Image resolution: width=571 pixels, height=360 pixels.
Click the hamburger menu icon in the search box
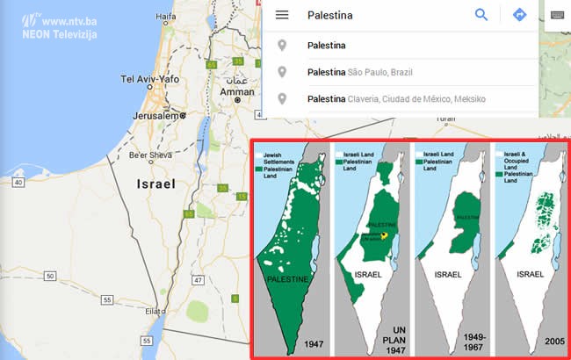click(282, 15)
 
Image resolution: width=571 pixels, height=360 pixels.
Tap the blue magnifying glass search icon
click(481, 15)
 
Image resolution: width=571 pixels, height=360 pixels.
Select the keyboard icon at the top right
click(557, 15)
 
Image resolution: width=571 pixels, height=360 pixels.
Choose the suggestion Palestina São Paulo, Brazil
click(359, 72)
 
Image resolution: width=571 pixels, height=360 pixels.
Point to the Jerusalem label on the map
click(155, 115)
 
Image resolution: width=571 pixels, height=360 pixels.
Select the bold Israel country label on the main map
click(155, 184)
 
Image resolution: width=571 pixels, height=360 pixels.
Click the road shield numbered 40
click(18, 182)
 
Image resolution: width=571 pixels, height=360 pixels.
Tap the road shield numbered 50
click(51, 276)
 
